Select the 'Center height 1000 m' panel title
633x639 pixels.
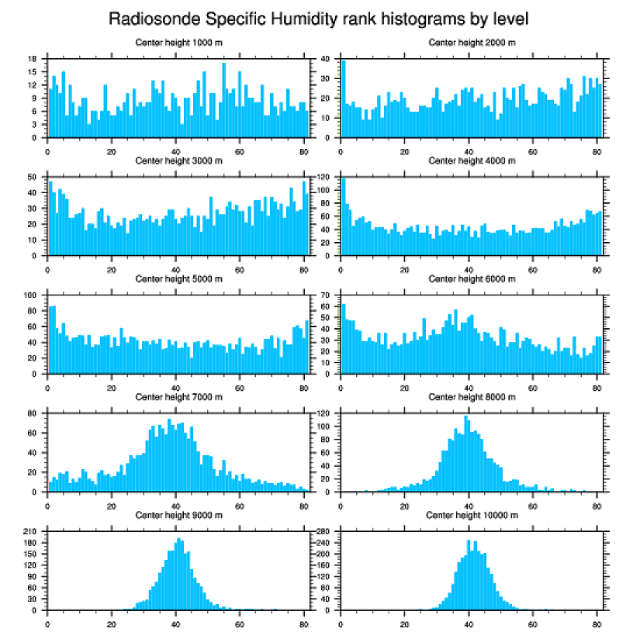[178, 43]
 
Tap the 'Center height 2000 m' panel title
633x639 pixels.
[472, 43]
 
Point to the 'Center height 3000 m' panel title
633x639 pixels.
[178, 161]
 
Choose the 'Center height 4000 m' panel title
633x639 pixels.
[472, 161]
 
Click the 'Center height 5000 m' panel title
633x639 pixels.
[178, 279]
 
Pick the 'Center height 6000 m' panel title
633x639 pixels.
[472, 279]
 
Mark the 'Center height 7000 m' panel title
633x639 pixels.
[178, 397]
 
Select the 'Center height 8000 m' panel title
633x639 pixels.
[472, 397]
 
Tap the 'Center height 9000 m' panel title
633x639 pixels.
[178, 515]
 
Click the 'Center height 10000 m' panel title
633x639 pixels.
[472, 515]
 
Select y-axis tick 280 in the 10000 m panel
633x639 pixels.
[324, 531]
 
